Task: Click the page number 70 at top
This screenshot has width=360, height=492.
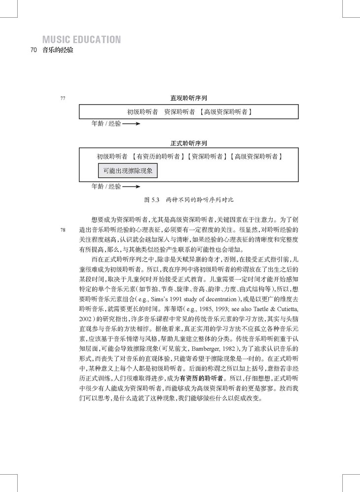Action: pos(34,50)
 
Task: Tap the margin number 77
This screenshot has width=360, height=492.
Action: pos(63,98)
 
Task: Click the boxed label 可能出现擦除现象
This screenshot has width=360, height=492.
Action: pos(128,171)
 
